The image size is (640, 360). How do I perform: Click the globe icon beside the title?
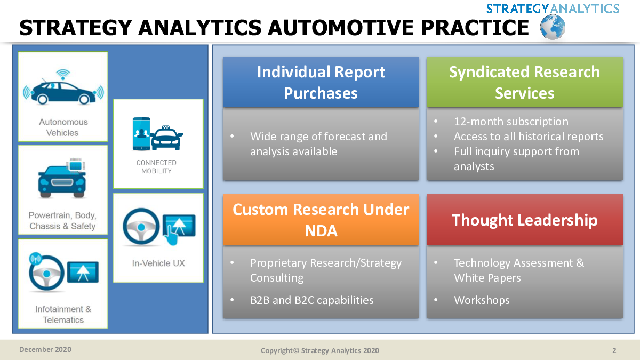tap(553, 27)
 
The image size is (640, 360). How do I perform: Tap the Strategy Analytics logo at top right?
tap(553, 9)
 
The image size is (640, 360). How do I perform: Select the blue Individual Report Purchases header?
tap(321, 82)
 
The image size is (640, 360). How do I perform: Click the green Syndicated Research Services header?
tap(525, 82)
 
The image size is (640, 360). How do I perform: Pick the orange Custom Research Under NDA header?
tap(321, 220)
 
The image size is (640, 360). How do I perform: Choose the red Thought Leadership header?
tap(525, 220)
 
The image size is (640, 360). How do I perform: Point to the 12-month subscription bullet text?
tap(511, 122)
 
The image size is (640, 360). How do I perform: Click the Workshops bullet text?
tap(482, 300)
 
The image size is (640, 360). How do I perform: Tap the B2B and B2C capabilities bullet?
tap(311, 300)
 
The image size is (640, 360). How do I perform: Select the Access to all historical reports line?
tap(529, 137)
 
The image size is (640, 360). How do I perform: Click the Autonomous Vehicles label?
tap(63, 127)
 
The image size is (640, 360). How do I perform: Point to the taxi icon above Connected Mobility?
tap(166, 138)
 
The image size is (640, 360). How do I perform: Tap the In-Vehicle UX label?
tap(158, 263)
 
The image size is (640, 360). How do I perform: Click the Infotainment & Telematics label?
tap(63, 314)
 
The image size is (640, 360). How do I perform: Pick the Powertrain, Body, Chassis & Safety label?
tap(62, 221)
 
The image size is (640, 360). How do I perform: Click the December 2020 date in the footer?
tap(45, 349)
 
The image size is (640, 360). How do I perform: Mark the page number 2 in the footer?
tap(614, 350)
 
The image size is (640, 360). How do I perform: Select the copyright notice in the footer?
tap(319, 350)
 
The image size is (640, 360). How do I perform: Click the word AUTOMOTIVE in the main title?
tap(341, 28)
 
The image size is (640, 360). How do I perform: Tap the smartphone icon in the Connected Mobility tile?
tap(141, 134)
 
